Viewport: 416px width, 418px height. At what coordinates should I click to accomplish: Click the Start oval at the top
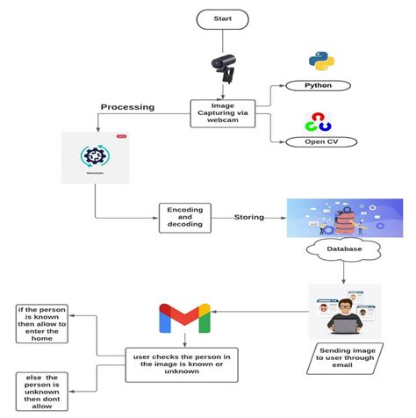(223, 18)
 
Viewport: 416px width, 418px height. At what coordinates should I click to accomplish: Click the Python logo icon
(322, 60)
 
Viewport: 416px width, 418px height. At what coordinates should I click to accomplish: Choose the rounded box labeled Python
(318, 86)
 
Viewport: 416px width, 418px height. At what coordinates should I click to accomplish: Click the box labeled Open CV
(318, 141)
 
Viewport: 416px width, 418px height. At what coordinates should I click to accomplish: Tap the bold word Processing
(127, 107)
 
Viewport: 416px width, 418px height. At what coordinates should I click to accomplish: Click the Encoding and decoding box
(184, 217)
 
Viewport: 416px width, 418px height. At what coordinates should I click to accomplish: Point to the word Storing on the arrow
(249, 217)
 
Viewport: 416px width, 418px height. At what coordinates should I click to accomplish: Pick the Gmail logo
(184, 318)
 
